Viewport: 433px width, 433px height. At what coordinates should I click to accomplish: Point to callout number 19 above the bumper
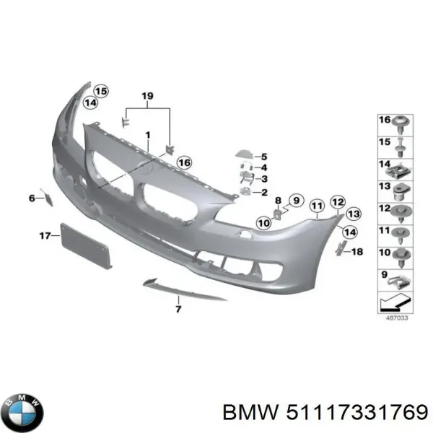tap(147, 96)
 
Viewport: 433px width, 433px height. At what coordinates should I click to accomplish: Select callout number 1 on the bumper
tap(147, 135)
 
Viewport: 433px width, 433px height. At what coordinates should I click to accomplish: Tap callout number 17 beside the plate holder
tap(43, 235)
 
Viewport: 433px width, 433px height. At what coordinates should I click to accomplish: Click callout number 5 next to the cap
tap(263, 157)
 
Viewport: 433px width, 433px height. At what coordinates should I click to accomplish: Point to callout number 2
tap(263, 193)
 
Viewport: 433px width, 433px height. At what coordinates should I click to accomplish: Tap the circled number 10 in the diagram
tap(263, 224)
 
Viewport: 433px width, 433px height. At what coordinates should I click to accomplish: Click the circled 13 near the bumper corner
tap(353, 214)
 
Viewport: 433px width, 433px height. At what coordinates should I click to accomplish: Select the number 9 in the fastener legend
tap(384, 274)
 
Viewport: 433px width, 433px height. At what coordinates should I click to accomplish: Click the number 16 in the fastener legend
tap(385, 119)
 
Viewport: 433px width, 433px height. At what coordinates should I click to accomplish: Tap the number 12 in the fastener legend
tap(385, 209)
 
